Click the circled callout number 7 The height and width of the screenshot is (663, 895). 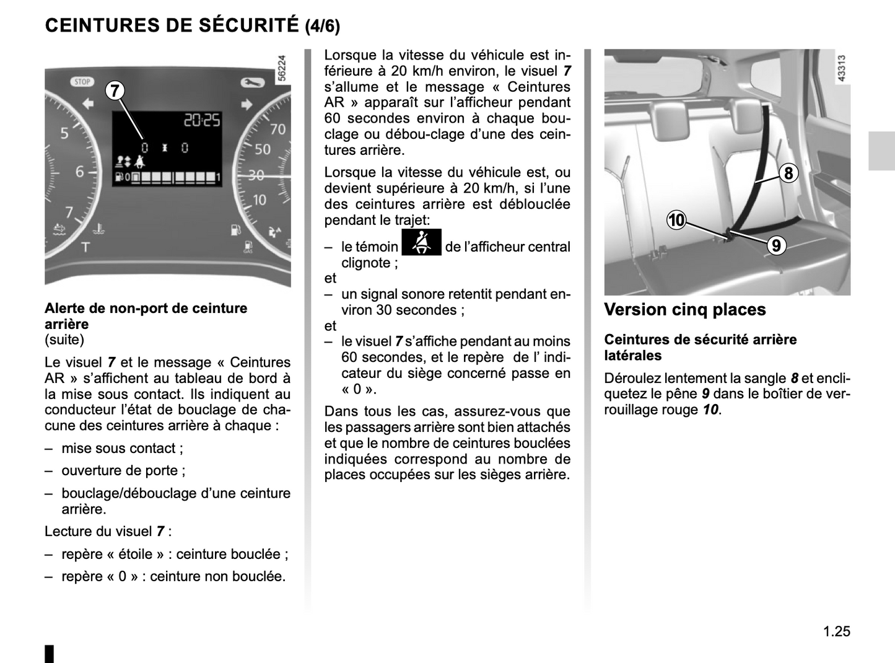point(115,90)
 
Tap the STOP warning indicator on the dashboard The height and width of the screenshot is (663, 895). point(82,82)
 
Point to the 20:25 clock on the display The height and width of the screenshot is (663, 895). point(202,120)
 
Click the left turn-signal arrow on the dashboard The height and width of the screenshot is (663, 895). point(87,103)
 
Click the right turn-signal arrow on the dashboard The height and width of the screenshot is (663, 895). point(247,103)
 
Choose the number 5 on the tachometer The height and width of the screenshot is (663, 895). point(64,132)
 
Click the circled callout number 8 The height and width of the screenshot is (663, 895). point(788,173)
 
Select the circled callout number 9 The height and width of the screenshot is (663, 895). point(775,246)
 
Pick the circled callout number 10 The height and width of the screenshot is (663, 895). point(676,219)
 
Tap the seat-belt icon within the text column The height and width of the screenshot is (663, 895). point(421,242)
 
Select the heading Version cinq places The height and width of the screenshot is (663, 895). point(684,309)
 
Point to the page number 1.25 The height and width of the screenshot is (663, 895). point(837,631)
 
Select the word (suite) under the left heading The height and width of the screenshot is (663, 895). point(64,340)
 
